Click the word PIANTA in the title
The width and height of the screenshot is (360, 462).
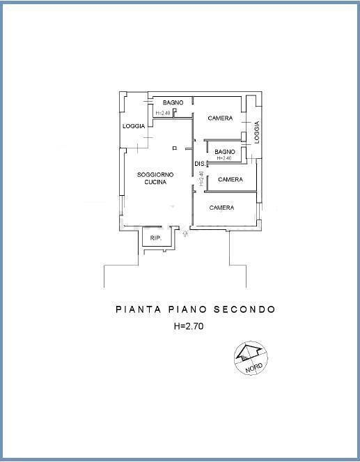click(x=139, y=309)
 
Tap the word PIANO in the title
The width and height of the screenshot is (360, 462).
click(x=187, y=309)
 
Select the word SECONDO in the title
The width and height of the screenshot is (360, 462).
click(x=244, y=309)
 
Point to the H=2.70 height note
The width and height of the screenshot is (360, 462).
click(x=189, y=326)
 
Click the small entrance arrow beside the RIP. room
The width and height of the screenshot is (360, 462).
click(x=185, y=233)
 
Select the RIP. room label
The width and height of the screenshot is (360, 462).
click(x=156, y=238)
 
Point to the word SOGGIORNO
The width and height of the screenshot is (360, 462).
click(x=155, y=175)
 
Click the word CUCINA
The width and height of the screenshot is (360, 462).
click(x=155, y=182)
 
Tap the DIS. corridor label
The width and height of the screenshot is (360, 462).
click(x=200, y=164)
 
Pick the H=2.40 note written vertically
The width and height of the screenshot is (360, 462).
click(x=201, y=178)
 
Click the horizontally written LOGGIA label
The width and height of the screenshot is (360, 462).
click(x=134, y=126)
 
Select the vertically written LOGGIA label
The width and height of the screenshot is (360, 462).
click(x=257, y=132)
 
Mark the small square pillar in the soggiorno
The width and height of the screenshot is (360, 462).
click(x=175, y=148)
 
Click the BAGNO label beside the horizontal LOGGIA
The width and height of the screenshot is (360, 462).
click(x=173, y=102)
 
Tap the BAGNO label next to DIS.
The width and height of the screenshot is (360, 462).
click(x=225, y=152)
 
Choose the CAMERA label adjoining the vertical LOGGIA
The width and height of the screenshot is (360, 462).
click(x=220, y=118)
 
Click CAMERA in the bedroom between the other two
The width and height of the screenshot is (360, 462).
click(x=230, y=180)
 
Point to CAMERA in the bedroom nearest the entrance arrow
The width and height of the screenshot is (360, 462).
click(x=221, y=208)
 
